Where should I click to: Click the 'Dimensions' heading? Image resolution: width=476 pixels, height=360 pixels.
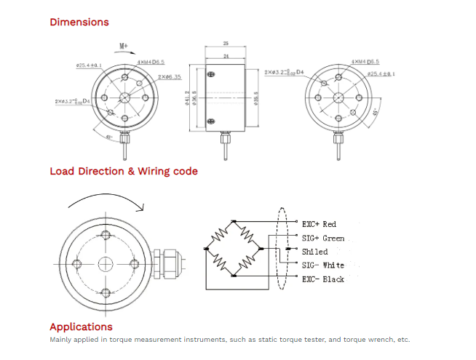79,22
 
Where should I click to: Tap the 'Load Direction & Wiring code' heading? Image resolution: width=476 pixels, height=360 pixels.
124,172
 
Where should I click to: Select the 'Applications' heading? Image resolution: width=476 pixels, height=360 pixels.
81,327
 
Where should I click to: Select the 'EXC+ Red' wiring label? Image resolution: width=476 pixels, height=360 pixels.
319,224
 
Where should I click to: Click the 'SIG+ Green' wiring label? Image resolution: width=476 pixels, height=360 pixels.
323,238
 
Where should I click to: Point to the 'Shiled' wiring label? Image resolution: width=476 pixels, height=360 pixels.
314,252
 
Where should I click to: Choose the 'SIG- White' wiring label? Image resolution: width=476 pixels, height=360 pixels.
323,265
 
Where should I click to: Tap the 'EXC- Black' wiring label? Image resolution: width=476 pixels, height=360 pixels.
323,279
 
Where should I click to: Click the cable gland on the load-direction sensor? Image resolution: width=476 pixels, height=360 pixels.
168,263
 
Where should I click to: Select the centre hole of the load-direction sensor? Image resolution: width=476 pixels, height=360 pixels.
106,263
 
